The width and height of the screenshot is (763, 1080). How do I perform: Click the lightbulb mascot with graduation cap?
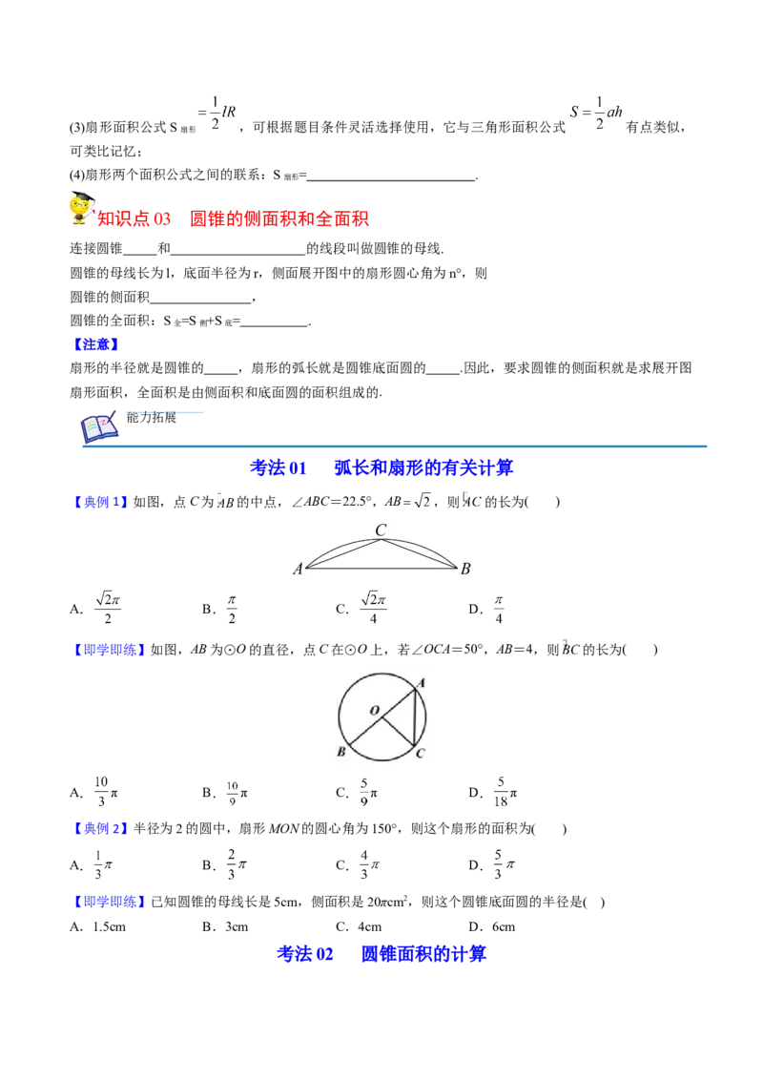coord(79,208)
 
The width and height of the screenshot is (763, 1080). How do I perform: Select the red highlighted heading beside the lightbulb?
coord(234,219)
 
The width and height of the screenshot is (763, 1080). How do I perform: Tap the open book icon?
coord(98,428)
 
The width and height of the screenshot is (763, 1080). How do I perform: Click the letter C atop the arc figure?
coord(381,530)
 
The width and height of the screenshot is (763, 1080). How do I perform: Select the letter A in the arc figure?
coord(298,570)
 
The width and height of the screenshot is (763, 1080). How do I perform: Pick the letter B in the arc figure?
coord(465,570)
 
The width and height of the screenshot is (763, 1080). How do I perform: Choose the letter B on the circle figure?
coord(340,753)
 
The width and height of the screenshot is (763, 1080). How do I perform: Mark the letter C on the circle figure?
coord(420,753)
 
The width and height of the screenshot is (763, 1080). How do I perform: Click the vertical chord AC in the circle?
coord(416,717)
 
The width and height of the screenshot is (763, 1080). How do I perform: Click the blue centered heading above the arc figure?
coord(381,467)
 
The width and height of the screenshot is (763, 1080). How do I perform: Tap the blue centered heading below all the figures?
coord(381,953)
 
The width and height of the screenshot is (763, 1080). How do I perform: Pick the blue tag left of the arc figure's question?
coord(99,502)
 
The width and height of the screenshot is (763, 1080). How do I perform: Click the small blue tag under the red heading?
coord(96,343)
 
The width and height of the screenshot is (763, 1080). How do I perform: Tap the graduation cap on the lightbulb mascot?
coord(82,196)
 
